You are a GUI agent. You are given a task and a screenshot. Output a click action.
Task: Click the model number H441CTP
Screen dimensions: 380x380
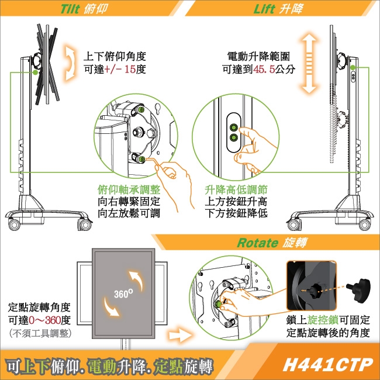(327, 364)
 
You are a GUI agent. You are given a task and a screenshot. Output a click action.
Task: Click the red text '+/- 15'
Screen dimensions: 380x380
(122, 69)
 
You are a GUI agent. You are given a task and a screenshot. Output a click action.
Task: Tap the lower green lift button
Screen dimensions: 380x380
(234, 138)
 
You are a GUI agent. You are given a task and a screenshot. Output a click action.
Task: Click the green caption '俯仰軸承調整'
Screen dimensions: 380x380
(129, 191)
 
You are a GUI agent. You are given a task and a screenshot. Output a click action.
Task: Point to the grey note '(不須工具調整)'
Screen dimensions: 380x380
(39, 333)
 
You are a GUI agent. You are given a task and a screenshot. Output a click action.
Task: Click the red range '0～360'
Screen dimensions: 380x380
(44, 320)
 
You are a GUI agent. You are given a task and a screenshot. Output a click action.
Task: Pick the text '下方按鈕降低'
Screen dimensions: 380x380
(237, 213)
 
